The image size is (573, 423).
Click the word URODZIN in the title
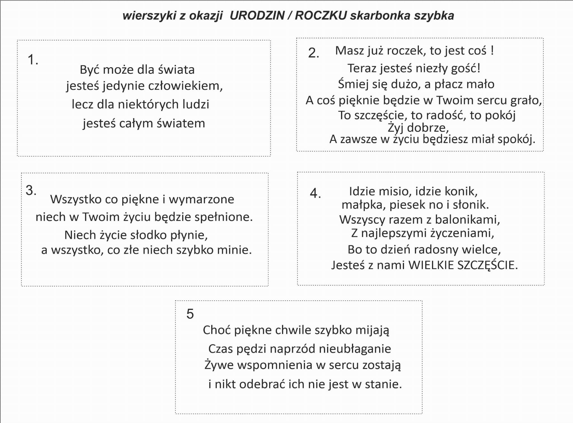[257, 16]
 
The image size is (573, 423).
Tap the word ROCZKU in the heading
[321, 16]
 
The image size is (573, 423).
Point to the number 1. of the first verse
[33, 60]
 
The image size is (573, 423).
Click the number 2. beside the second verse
[313, 53]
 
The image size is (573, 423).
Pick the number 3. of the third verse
[31, 190]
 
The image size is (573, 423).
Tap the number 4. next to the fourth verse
[315, 193]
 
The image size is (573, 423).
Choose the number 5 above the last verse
[190, 314]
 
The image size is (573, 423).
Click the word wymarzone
[201, 200]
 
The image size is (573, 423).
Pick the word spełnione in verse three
[224, 217]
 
